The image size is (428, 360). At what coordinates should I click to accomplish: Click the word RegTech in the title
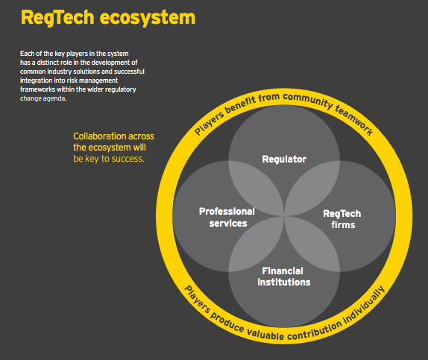tap(57, 18)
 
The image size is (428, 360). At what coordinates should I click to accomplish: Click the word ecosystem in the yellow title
tap(148, 18)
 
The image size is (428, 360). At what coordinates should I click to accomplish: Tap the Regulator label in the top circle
tap(284, 160)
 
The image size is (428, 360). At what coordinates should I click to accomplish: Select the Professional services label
tap(227, 217)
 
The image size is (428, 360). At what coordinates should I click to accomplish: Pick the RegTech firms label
tap(342, 219)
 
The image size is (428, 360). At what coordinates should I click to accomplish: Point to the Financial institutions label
tap(284, 277)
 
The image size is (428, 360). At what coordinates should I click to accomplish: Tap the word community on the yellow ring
tap(308, 100)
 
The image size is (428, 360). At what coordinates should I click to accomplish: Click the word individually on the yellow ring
tap(365, 305)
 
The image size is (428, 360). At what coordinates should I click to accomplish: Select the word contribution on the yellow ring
tap(315, 331)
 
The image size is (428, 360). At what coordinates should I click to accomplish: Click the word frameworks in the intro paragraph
tap(37, 89)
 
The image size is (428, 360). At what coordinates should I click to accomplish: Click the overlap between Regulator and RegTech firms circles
tap(312, 189)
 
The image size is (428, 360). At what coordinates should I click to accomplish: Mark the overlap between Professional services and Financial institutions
tap(257, 244)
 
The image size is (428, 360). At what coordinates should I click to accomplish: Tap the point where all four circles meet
tap(284, 216)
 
